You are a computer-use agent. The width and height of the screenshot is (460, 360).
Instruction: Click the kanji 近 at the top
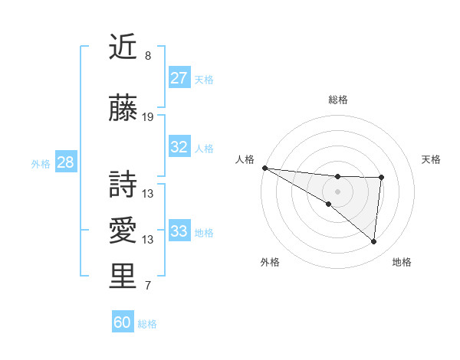point(123,47)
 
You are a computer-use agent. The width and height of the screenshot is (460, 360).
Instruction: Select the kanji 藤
point(123,110)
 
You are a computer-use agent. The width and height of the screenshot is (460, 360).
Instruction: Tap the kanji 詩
point(123,182)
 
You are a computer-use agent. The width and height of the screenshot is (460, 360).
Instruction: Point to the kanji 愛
point(123,229)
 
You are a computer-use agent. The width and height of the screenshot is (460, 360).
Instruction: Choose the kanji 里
point(123,276)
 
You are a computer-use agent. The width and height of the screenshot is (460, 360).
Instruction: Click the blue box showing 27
point(179,78)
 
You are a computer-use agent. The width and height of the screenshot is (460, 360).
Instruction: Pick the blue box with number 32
point(179,147)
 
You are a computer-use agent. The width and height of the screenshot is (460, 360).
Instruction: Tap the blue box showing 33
point(179,231)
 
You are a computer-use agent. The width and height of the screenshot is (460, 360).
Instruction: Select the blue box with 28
point(65,162)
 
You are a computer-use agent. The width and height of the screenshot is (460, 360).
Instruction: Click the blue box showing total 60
point(123,322)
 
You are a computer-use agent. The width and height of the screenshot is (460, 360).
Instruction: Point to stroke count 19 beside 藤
point(148,117)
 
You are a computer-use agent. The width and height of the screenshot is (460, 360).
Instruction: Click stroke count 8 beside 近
point(148,56)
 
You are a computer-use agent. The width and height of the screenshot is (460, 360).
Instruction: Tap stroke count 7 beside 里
point(148,286)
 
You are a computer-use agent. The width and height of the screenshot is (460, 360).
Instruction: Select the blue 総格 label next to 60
point(147,324)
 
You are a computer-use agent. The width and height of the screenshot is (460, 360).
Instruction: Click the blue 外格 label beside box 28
point(40,163)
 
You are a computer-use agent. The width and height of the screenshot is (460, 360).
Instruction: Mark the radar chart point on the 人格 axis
point(264,168)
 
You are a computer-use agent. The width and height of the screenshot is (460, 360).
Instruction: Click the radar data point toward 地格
point(373,242)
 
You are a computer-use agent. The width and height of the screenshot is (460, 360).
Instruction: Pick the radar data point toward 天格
point(381,178)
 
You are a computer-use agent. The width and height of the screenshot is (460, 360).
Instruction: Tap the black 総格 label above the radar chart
point(337,100)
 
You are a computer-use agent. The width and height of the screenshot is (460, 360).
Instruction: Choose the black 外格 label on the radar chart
point(270,262)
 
